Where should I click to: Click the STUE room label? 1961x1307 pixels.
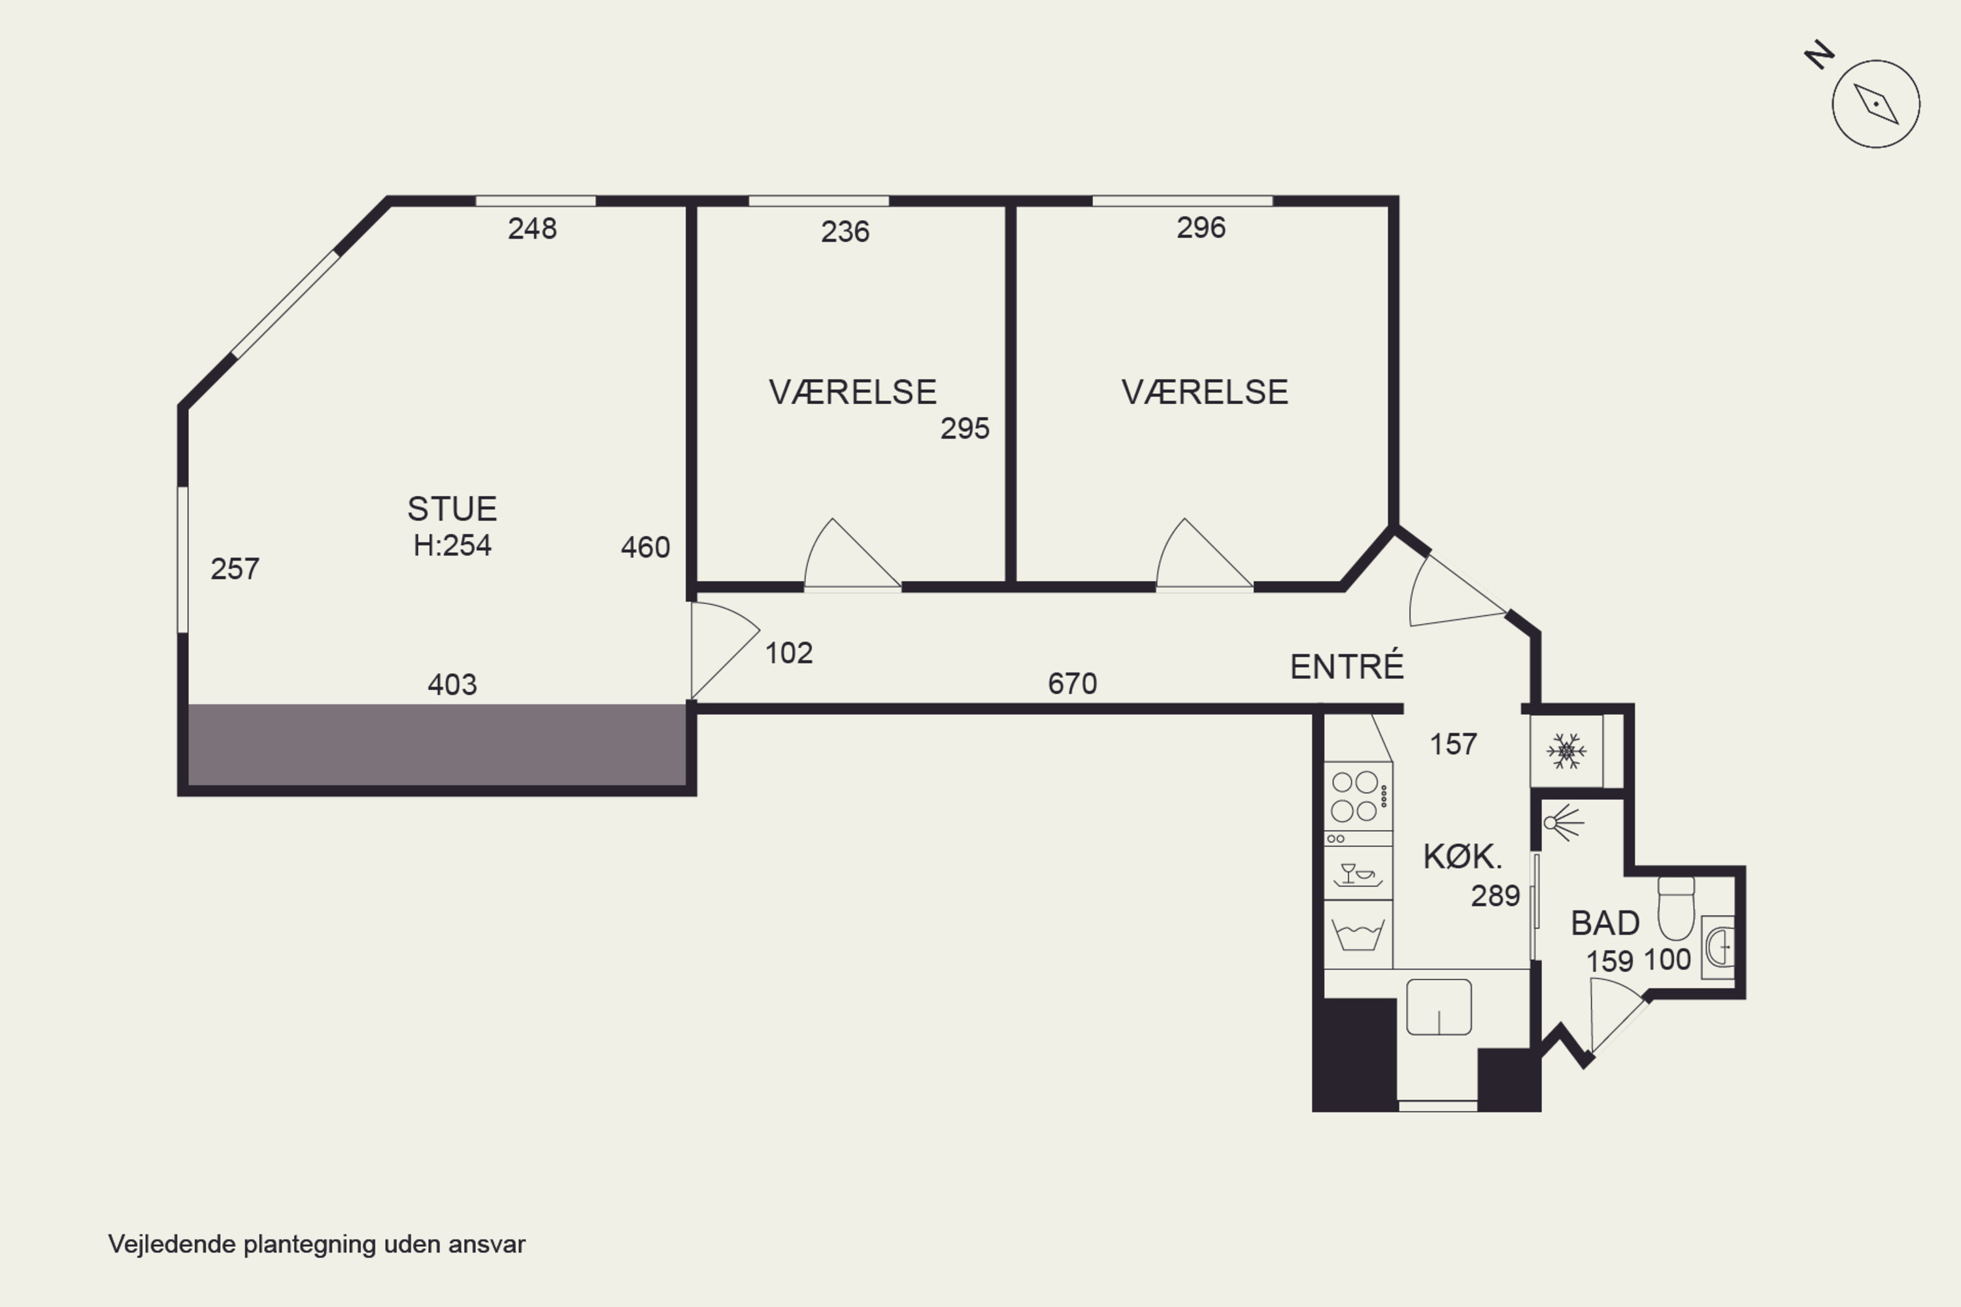click(452, 508)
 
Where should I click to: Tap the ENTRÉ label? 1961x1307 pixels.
click(1347, 666)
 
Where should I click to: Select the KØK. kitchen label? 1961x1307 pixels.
click(1462, 856)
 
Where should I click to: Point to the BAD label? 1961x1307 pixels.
click(1605, 923)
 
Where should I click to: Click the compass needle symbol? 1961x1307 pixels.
click(1876, 104)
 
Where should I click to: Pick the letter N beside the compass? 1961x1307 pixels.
click(1819, 55)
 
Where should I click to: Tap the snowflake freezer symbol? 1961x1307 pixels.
click(1566, 751)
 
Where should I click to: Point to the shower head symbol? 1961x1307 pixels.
click(1562, 823)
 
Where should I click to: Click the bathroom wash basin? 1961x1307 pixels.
click(1718, 947)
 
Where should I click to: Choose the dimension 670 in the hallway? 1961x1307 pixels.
click(1072, 684)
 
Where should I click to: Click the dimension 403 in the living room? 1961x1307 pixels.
click(452, 684)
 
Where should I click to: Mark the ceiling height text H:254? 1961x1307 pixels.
click(452, 545)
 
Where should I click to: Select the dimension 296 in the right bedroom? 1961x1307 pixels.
click(1201, 227)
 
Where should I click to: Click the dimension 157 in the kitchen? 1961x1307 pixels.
click(1453, 744)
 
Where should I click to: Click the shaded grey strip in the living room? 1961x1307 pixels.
click(437, 744)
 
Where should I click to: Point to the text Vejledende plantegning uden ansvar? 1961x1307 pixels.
click(317, 1244)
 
